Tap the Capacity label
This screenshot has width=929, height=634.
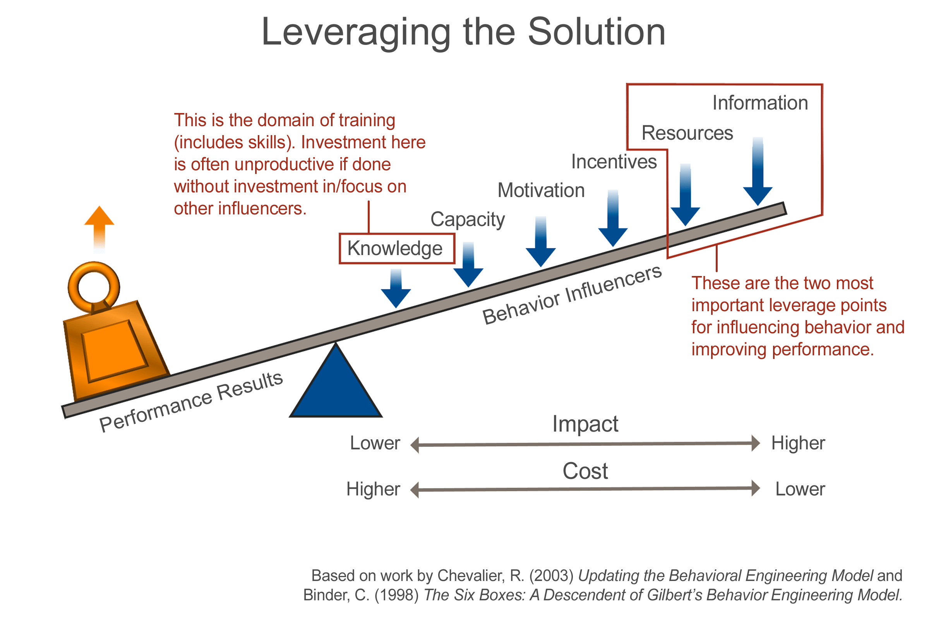468,220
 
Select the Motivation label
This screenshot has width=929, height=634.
541,191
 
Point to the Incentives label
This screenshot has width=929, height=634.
614,162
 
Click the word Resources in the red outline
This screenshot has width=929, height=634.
687,133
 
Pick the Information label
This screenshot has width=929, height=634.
760,103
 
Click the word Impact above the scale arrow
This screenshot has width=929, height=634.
585,424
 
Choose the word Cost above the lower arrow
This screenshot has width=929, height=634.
585,471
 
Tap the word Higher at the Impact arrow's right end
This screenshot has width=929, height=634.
798,443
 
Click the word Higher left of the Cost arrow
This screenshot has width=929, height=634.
373,489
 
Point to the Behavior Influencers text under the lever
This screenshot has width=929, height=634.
572,295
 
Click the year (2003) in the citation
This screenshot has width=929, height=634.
552,576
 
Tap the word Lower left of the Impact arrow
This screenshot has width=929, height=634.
375,443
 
